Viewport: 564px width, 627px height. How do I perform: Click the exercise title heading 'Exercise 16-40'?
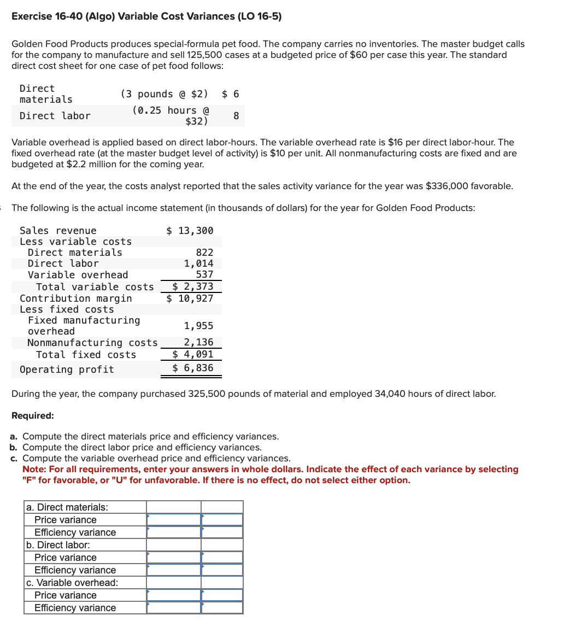pos(146,16)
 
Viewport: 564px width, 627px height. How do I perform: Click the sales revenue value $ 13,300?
pos(190,231)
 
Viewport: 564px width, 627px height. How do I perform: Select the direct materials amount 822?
pos(204,253)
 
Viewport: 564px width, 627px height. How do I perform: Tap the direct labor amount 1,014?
pos(198,263)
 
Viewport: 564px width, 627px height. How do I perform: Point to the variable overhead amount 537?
pos(204,275)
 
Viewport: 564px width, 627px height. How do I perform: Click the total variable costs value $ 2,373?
pos(192,286)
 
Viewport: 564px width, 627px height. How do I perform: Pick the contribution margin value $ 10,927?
pos(190,298)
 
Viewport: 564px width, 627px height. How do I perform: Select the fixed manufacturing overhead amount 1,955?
pos(198,326)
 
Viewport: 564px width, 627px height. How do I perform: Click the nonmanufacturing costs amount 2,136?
pos(198,343)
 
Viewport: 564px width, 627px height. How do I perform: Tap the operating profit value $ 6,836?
pos(192,368)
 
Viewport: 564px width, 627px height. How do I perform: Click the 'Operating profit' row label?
pos(67,370)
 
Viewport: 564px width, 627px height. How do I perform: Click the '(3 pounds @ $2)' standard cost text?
pos(164,94)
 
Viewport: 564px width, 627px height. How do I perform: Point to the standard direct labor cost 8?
pos(236,116)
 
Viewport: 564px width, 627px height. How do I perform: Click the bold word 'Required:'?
pos(33,415)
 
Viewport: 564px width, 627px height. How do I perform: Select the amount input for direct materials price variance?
pos(174,520)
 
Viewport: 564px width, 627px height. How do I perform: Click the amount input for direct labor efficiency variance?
pos(174,570)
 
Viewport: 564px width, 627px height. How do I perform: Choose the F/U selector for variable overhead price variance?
pos(222,595)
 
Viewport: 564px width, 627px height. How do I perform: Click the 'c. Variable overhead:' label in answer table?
pos(72,583)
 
